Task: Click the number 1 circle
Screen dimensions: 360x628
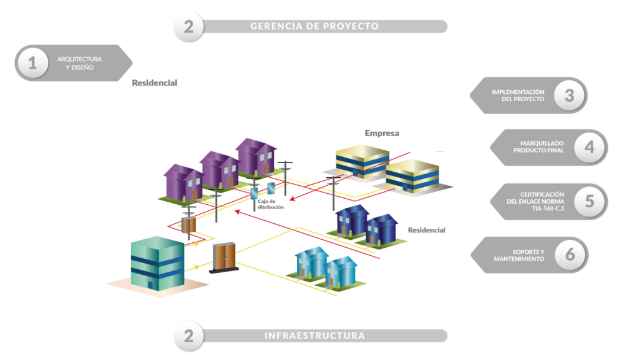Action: [x=33, y=63]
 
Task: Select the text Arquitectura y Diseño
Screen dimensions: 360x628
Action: [x=80, y=63]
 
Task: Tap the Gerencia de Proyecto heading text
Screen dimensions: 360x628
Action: [x=314, y=26]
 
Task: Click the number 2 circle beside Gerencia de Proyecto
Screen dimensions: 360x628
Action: [x=189, y=26]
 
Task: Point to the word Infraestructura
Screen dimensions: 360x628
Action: [x=315, y=335]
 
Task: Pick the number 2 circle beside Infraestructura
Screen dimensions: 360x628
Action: [x=189, y=335]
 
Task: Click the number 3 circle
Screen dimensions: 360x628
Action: [x=569, y=96]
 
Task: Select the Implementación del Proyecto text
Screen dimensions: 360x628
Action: [x=518, y=96]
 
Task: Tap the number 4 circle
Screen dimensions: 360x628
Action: [x=589, y=147]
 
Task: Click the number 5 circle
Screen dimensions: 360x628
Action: [x=589, y=201]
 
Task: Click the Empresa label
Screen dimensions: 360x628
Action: [x=382, y=133]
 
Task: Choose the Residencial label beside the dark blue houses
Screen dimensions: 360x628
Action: [x=427, y=230]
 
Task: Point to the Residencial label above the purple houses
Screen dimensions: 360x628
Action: [x=155, y=83]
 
